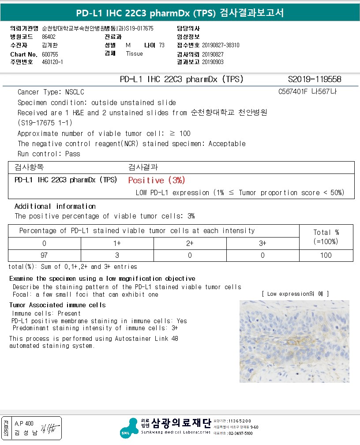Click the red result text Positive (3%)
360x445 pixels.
point(157,180)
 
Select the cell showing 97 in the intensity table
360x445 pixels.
point(44,255)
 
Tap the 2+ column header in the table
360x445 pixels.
point(190,243)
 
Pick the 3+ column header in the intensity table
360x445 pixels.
point(263,243)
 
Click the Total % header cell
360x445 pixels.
point(326,237)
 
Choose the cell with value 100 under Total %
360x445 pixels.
point(326,255)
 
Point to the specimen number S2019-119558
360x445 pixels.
point(314,79)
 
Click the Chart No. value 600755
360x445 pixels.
point(49,54)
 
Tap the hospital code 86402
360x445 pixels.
point(49,37)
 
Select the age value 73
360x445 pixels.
point(161,45)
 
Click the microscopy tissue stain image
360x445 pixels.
point(294,341)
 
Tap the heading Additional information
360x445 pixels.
point(55,206)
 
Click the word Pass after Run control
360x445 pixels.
point(72,154)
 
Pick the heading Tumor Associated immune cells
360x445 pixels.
point(57,305)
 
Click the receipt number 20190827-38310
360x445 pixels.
point(221,45)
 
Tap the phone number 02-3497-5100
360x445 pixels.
point(240,434)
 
